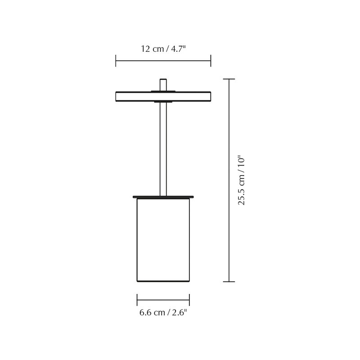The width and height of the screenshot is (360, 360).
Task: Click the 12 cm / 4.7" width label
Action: point(163,49)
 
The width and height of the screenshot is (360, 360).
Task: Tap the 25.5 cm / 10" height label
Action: point(242,180)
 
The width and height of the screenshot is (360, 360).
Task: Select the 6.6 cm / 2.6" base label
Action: point(163,313)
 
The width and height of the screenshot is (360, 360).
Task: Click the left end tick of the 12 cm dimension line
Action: point(116,61)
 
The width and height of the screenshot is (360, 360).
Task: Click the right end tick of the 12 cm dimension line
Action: point(211,61)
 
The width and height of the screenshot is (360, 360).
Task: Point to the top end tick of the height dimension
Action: point(229,79)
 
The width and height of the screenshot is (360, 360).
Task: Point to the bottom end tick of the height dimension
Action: point(229,282)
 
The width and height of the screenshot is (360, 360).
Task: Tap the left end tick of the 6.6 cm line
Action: point(137,300)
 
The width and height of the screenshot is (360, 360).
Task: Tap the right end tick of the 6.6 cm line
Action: point(189,300)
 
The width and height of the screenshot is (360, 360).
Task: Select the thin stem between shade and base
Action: point(163,148)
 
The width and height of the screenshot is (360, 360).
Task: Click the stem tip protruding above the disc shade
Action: point(163,84)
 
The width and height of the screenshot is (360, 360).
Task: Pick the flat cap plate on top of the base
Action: point(163,197)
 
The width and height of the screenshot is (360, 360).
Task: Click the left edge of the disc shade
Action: point(117,96)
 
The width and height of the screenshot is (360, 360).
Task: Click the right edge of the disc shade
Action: point(210,96)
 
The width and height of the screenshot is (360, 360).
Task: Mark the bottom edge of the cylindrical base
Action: point(163,281)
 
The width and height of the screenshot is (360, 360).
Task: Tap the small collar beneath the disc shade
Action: point(163,102)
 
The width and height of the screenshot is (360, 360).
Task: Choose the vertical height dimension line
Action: point(229,135)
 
